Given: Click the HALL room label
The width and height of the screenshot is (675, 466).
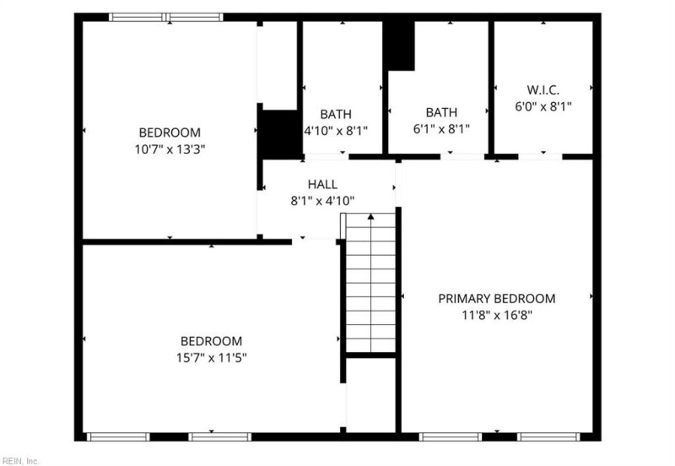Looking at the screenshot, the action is (322, 184).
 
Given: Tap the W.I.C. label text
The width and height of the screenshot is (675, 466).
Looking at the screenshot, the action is (543, 90).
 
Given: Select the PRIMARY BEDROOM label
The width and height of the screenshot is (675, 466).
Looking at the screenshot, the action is (497, 299).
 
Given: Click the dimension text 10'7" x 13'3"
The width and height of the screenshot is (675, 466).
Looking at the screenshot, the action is (170, 149).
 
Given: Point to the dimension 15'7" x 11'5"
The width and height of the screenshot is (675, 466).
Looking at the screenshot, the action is (212, 358).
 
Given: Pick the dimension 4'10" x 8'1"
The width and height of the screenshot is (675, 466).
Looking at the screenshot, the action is (336, 131).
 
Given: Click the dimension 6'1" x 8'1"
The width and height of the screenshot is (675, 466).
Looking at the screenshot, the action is (441, 129).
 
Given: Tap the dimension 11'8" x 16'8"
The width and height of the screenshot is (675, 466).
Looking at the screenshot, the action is (497, 315).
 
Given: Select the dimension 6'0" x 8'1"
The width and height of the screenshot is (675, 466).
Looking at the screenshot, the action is (543, 106).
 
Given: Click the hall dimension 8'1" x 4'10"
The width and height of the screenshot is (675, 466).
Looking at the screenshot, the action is (322, 201).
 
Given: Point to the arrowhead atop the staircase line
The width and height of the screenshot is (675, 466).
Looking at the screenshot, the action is (370, 216).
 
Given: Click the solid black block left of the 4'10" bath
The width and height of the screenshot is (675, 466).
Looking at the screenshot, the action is (281, 134).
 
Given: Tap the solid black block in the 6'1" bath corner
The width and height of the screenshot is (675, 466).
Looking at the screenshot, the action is (400, 46).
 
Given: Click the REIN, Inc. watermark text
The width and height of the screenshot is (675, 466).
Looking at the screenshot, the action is (19, 461).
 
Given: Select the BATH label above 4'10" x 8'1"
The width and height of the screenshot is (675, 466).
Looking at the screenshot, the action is (336, 114).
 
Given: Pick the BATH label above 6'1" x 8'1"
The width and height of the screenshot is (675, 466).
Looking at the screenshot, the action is (441, 112).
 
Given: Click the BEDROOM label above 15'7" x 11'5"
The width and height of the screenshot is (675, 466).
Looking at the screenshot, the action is (212, 341).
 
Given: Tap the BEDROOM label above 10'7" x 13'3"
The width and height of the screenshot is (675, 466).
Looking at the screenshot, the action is (170, 133).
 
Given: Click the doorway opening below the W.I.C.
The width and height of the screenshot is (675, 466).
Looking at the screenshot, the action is (540, 157).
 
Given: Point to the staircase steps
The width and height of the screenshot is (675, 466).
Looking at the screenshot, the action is (370, 283).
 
